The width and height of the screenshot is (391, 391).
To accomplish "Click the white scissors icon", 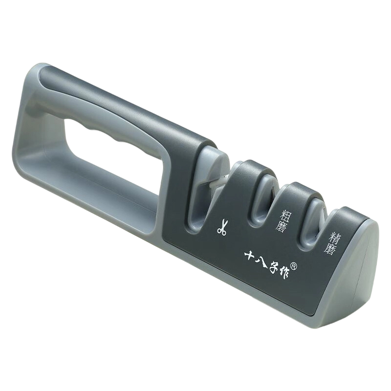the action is coord(221,227).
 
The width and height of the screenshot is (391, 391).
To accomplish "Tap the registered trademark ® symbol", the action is coord(294,266).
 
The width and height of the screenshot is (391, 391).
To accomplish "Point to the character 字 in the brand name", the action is coord(274,269).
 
